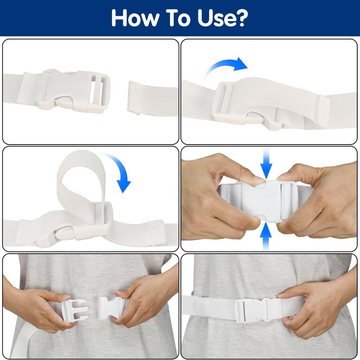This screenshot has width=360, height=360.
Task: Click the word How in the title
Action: pyautogui.click(x=135, y=18)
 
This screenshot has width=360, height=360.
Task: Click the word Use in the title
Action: pyautogui.click(x=216, y=18)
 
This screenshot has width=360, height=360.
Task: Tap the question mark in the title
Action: pyautogui.click(x=241, y=18)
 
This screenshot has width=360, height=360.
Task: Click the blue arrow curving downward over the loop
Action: pyautogui.click(x=121, y=170)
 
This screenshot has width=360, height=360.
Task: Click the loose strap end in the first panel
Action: pyautogui.click(x=153, y=98)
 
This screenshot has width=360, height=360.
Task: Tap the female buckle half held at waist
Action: pyautogui.click(x=110, y=308)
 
